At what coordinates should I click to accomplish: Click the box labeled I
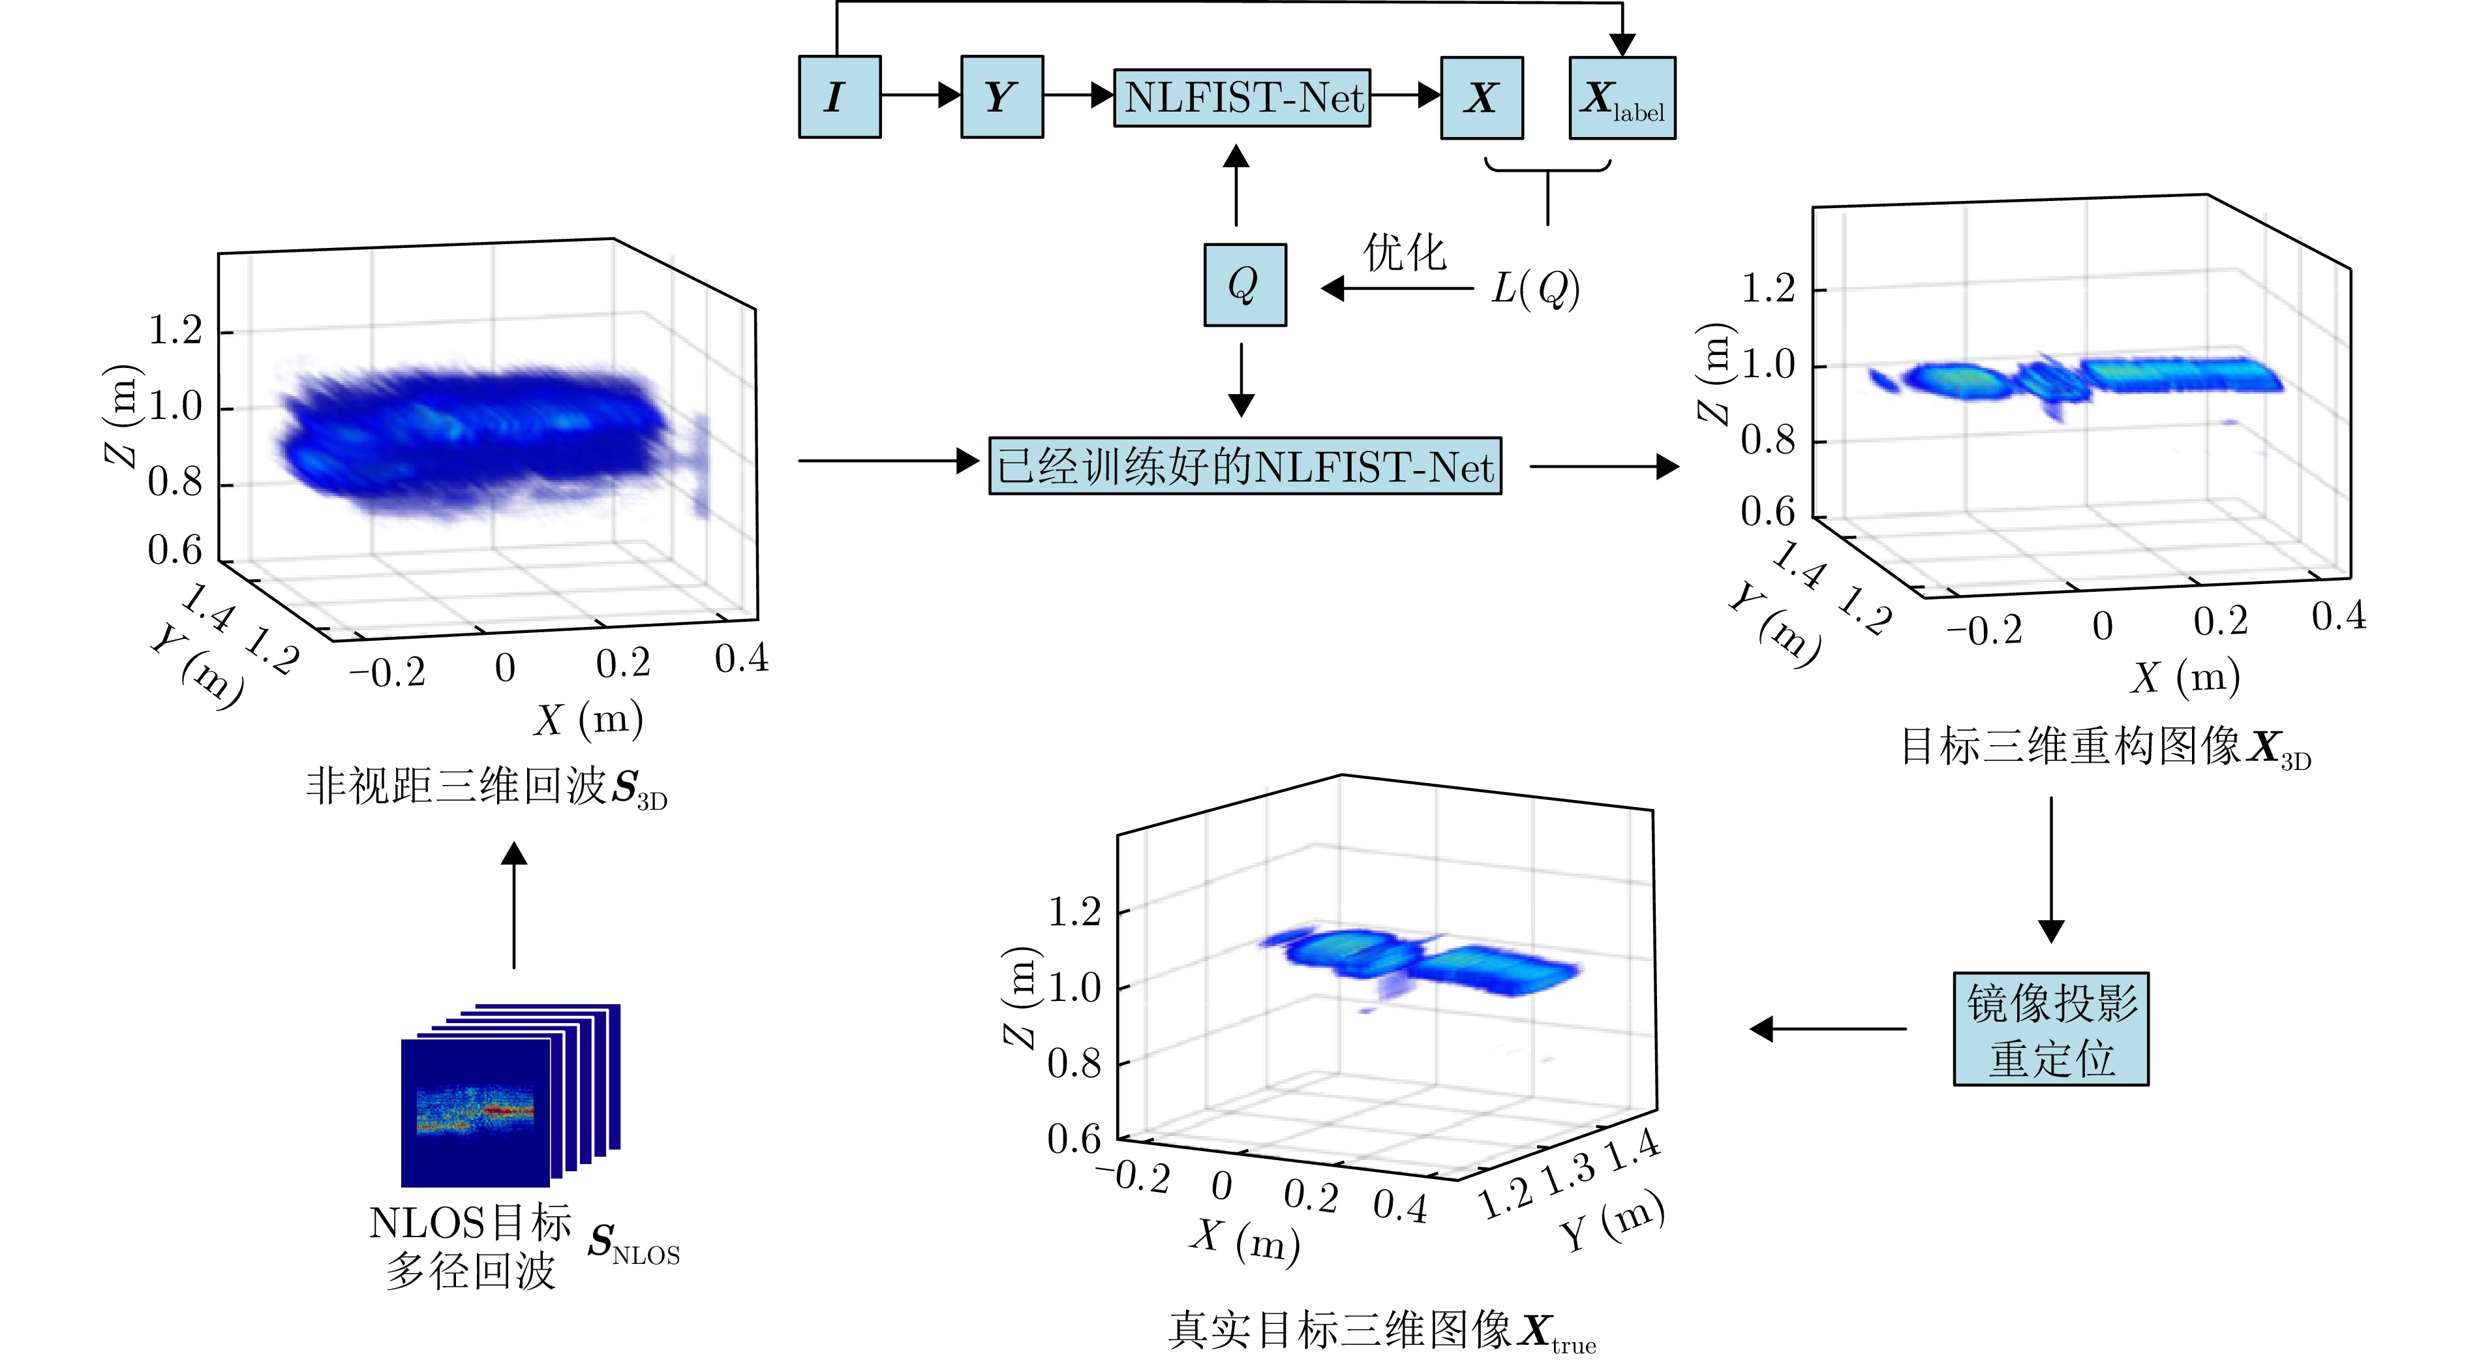(838, 97)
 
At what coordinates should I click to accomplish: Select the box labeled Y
(1001, 97)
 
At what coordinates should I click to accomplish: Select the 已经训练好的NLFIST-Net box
(1245, 466)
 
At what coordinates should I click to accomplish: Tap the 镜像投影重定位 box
(2050, 1029)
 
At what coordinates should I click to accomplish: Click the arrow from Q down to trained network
(1241, 379)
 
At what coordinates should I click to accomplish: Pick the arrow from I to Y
(920, 95)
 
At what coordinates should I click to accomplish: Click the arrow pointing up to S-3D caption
(515, 904)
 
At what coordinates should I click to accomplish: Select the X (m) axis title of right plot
(2185, 677)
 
